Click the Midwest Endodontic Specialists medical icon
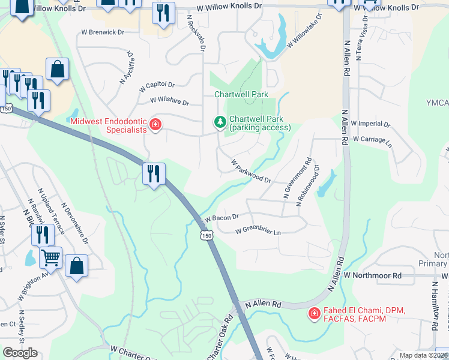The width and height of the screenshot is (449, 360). tap(155, 125)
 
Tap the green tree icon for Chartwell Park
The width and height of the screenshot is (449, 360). tap(220, 123)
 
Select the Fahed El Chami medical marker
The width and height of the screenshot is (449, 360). tap(313, 313)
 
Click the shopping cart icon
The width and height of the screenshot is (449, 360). tap(50, 258)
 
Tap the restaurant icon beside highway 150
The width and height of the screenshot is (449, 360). tap(154, 174)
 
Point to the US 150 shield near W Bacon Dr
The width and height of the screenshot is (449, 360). tap(207, 236)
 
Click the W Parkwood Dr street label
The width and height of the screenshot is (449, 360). tap(252, 172)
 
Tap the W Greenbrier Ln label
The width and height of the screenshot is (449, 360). tap(258, 230)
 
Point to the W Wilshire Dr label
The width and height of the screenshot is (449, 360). tap(169, 101)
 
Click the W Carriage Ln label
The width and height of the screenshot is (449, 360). tap(372, 141)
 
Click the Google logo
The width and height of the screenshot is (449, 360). tap(20, 353)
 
